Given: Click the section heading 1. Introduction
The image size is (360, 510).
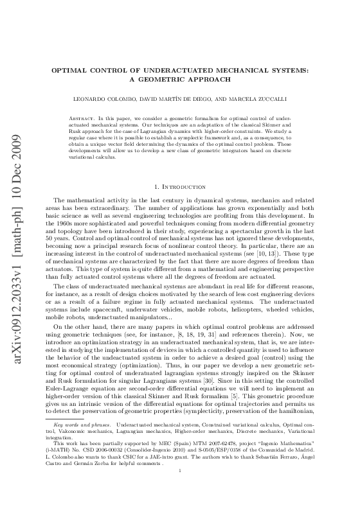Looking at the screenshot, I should click(x=180, y=168).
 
